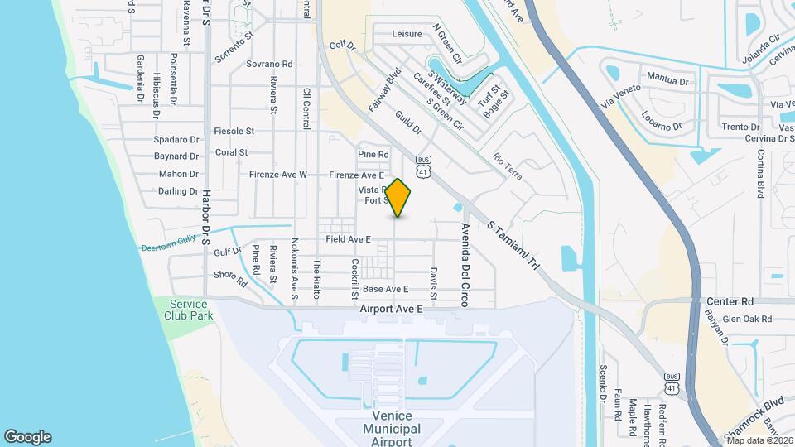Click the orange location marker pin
point(398,198)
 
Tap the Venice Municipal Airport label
point(391,428)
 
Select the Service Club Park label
point(188,310)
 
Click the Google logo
point(27,437)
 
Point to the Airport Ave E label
point(392,308)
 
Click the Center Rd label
point(730,302)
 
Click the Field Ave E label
point(348,239)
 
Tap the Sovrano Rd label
point(269,64)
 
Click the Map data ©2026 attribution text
point(759,440)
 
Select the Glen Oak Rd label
point(747,319)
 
